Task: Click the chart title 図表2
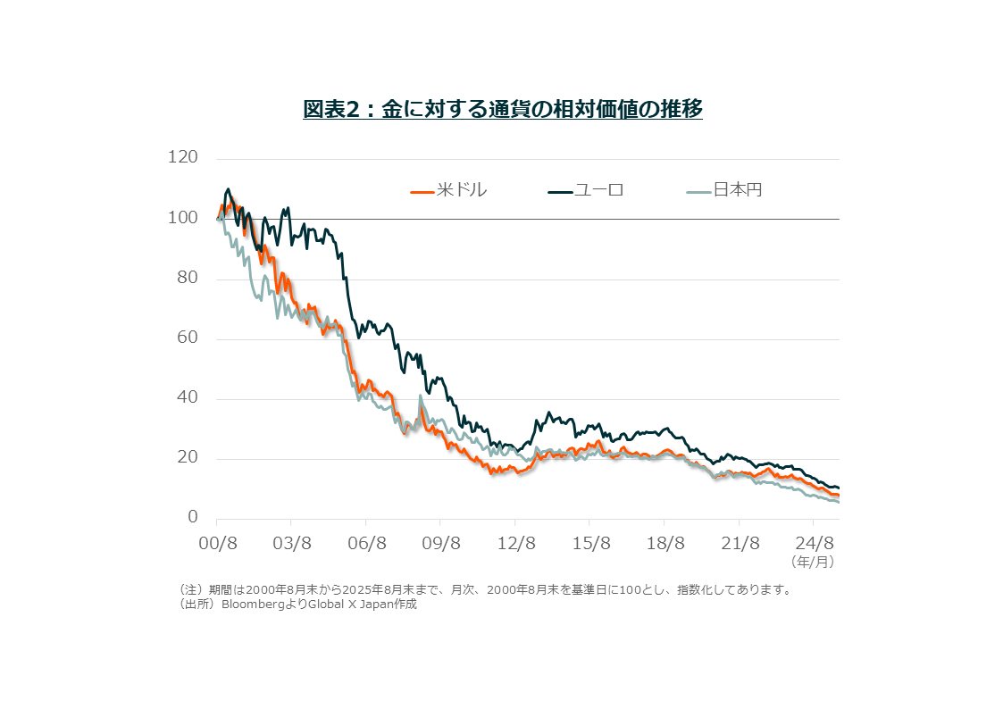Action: [x=502, y=109]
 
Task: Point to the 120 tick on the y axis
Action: [x=182, y=158]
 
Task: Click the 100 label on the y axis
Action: [x=182, y=219]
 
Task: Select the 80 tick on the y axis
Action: [x=187, y=279]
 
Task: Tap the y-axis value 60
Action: [x=187, y=339]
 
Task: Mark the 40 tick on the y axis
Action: [x=187, y=399]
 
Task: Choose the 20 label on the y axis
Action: [x=187, y=459]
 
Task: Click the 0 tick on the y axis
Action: [x=192, y=518]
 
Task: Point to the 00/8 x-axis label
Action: [x=217, y=543]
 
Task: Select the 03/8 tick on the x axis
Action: [x=291, y=543]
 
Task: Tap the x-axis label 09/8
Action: [x=440, y=543]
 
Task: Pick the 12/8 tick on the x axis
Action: [x=515, y=543]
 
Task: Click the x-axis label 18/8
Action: [x=664, y=543]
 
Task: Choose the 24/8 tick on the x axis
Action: [x=814, y=543]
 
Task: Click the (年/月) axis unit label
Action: [x=811, y=563]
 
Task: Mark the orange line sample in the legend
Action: [x=422, y=191]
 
